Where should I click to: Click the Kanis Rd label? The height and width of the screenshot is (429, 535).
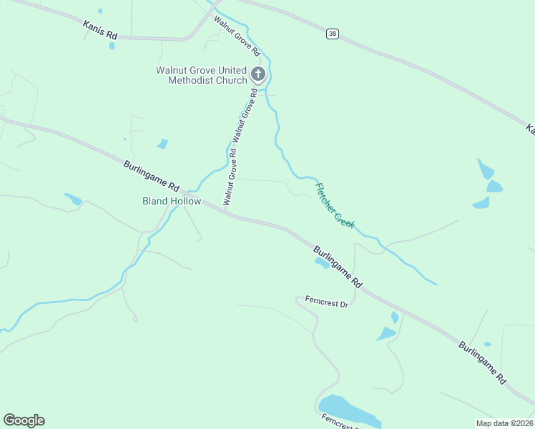[x=100, y=30]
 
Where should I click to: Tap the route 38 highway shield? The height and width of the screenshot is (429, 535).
[x=332, y=34]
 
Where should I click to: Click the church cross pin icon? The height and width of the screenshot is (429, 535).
[x=258, y=74]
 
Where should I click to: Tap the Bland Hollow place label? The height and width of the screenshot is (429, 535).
[x=172, y=202]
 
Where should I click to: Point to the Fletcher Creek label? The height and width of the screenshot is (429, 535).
[x=335, y=205]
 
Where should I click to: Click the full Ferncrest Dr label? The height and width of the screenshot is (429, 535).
[x=326, y=302]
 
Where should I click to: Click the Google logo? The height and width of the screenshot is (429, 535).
[x=24, y=420]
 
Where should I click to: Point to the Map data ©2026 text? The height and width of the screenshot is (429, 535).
[x=504, y=423]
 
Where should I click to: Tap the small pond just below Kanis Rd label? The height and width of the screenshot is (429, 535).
[x=112, y=46]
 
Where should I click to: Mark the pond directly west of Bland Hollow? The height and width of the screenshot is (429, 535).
[x=73, y=199]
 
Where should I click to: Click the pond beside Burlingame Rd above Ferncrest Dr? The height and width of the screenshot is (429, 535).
[x=322, y=262]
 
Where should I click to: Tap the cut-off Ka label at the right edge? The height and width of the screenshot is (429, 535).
[x=530, y=129]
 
